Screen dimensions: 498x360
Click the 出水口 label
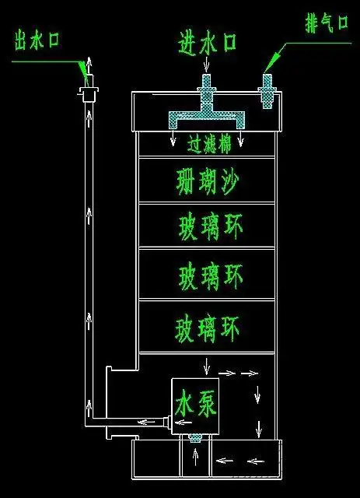pyautogui.click(x=37, y=40)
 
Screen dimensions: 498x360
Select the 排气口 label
pyautogui.click(x=325, y=23)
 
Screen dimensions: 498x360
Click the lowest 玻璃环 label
pyautogui.click(x=207, y=327)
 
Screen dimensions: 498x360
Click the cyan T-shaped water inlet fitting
pyautogui.click(x=206, y=109)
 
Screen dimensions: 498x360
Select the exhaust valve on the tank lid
pyautogui.click(x=267, y=91)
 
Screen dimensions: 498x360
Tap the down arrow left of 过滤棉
pyautogui.click(x=173, y=140)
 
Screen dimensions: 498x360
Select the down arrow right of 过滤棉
pyautogui.click(x=241, y=140)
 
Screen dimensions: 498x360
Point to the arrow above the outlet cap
pyautogui.click(x=87, y=65)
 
